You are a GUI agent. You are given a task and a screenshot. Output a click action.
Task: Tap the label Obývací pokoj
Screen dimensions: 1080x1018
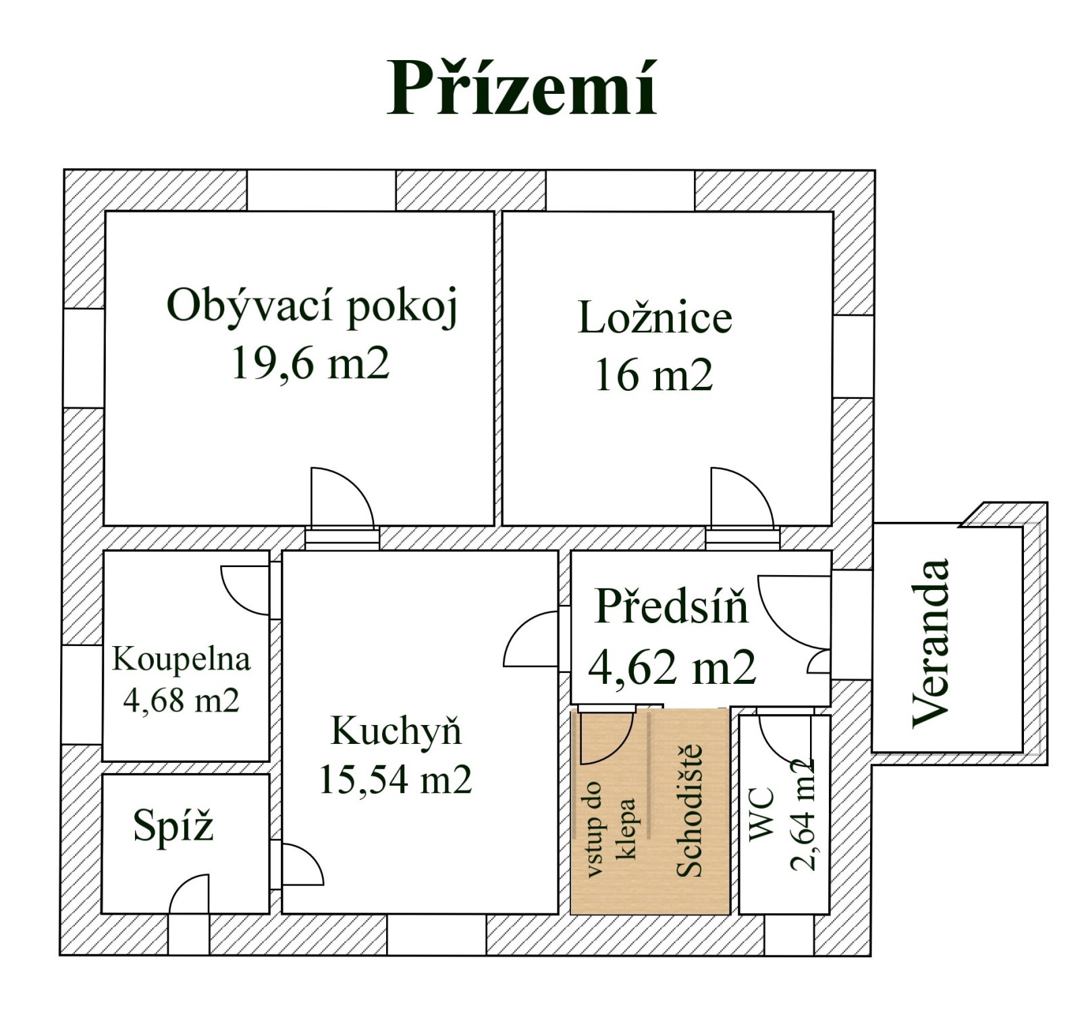[313, 308]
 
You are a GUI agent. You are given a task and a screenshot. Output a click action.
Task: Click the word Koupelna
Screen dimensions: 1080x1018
[181, 659]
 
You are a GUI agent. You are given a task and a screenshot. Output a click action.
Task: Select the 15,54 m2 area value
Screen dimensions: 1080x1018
[395, 780]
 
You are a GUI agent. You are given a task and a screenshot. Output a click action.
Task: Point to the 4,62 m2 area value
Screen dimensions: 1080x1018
[672, 667]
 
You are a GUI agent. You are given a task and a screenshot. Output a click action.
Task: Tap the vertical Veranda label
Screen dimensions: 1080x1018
[931, 643]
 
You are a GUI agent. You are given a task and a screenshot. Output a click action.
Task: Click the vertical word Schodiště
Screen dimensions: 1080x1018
[689, 810]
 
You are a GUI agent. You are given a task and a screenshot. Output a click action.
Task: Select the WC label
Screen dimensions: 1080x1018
[762, 814]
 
